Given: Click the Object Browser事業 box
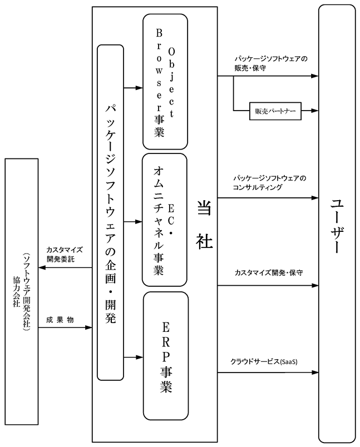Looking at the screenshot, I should pyautogui.click(x=165, y=81).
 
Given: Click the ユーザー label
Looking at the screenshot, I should pyautogui.click(x=337, y=222).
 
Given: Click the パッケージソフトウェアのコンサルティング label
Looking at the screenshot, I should pyautogui.click(x=270, y=183).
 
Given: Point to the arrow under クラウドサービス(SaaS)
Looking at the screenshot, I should pyautogui.click(x=268, y=372).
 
